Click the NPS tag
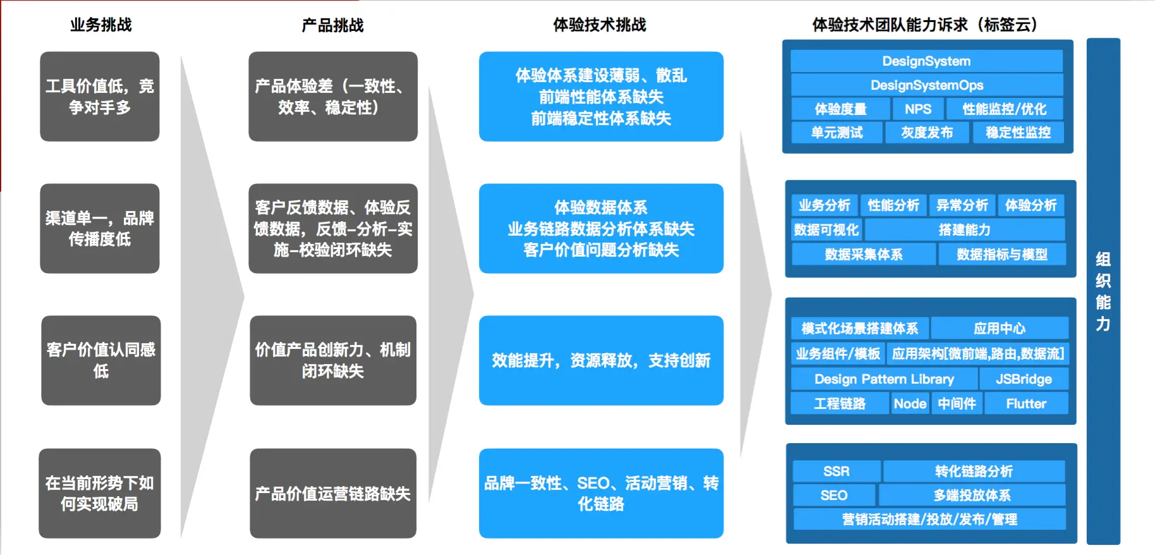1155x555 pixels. pos(917,109)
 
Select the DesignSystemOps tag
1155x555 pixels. pos(926,85)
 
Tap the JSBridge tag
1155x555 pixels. pos(1024,379)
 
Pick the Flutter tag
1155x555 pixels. pos(1025,404)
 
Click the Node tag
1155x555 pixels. pos(910,404)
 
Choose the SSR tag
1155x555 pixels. pos(836,472)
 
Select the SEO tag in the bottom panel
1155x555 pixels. pos(833,496)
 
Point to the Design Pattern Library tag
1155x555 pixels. pos(884,379)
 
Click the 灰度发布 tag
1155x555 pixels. pos(926,133)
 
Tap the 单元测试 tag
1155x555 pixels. pos(837,133)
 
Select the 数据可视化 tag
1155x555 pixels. pos(826,230)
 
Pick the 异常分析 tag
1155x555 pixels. pos(962,205)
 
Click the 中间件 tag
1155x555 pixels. pos(957,404)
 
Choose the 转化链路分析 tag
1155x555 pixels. pos(974,472)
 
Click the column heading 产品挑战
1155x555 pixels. pos(332,25)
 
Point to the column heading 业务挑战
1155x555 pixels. pos(100,25)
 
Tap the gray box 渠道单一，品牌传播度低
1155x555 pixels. pos(100,229)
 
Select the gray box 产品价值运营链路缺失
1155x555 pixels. pos(332,494)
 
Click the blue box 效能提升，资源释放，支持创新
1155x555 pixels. pos(601,360)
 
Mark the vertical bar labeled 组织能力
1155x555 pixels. pos(1103,291)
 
